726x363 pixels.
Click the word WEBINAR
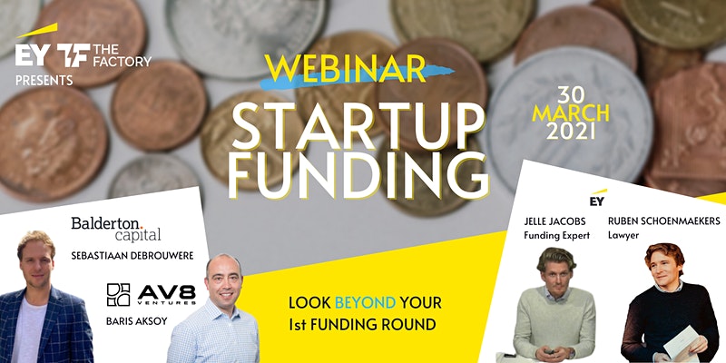pyautogui.click(x=345, y=68)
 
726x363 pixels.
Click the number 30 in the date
pyautogui.click(x=572, y=96)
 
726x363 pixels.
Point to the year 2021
pyautogui.click(x=571, y=132)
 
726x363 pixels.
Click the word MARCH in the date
pyautogui.click(x=571, y=114)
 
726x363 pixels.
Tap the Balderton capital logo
pyautogui.click(x=116, y=229)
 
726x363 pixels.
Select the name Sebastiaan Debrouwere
pyautogui.click(x=132, y=256)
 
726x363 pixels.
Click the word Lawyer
pyautogui.click(x=623, y=236)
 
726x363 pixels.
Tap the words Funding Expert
pyautogui.click(x=556, y=236)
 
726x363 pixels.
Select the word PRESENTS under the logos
pyautogui.click(x=44, y=81)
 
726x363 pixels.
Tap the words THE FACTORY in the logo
pyautogui.click(x=122, y=55)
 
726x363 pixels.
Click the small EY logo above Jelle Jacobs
pyautogui.click(x=598, y=198)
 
